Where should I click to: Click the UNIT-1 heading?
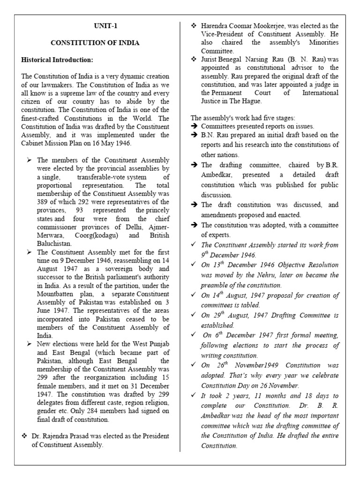click(95, 27)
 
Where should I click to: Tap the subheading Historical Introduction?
click(57, 60)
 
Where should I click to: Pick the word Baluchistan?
click(54, 244)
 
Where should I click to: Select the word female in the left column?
click(53, 387)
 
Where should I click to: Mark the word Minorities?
click(317, 43)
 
